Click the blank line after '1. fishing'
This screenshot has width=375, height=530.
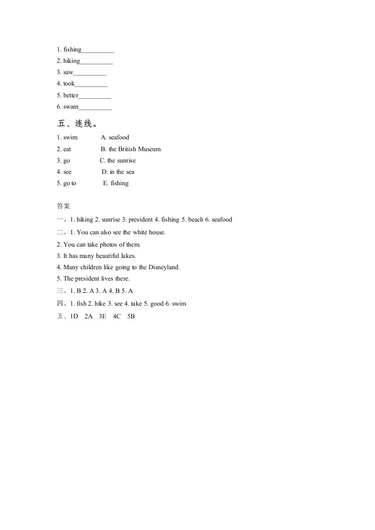(98, 50)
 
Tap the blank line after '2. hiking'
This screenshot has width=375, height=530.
(96, 61)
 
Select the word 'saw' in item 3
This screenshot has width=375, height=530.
(69, 72)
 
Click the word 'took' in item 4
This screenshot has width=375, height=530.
(69, 84)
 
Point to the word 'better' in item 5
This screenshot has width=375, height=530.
(71, 95)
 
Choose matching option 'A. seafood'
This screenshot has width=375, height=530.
(115, 137)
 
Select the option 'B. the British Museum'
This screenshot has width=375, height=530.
(131, 149)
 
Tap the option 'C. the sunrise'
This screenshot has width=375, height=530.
(118, 160)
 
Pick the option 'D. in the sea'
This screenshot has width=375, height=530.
(118, 172)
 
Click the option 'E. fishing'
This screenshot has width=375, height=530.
(116, 183)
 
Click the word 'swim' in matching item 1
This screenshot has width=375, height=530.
(70, 137)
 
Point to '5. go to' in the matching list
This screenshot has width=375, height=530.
(67, 183)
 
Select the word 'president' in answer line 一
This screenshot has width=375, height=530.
(140, 220)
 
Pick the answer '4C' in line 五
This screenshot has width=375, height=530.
(117, 316)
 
